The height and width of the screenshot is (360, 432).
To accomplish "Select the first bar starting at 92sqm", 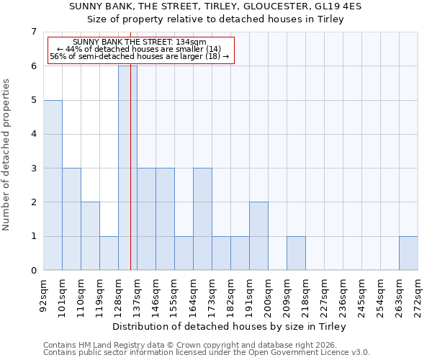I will (53, 185).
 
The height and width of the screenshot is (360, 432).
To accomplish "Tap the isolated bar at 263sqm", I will (408, 253).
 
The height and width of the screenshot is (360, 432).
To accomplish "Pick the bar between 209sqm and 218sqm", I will (296, 253).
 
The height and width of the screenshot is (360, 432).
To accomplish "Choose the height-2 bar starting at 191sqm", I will (258, 236).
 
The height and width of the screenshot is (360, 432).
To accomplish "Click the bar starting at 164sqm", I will (202, 219).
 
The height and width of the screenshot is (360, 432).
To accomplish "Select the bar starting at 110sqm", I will (90, 236).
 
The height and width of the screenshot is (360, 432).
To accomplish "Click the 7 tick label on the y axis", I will (33, 32).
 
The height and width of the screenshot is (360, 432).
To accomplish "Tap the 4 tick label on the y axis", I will (33, 134).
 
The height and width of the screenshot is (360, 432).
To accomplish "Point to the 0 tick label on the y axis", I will (33, 271).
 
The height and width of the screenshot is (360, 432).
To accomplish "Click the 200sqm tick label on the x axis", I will (268, 294).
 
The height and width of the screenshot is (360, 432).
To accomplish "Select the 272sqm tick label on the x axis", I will (418, 294).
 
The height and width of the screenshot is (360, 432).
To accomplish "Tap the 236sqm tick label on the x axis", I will (343, 294).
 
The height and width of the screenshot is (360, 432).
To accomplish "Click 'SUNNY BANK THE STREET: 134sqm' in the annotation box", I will (140, 42).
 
